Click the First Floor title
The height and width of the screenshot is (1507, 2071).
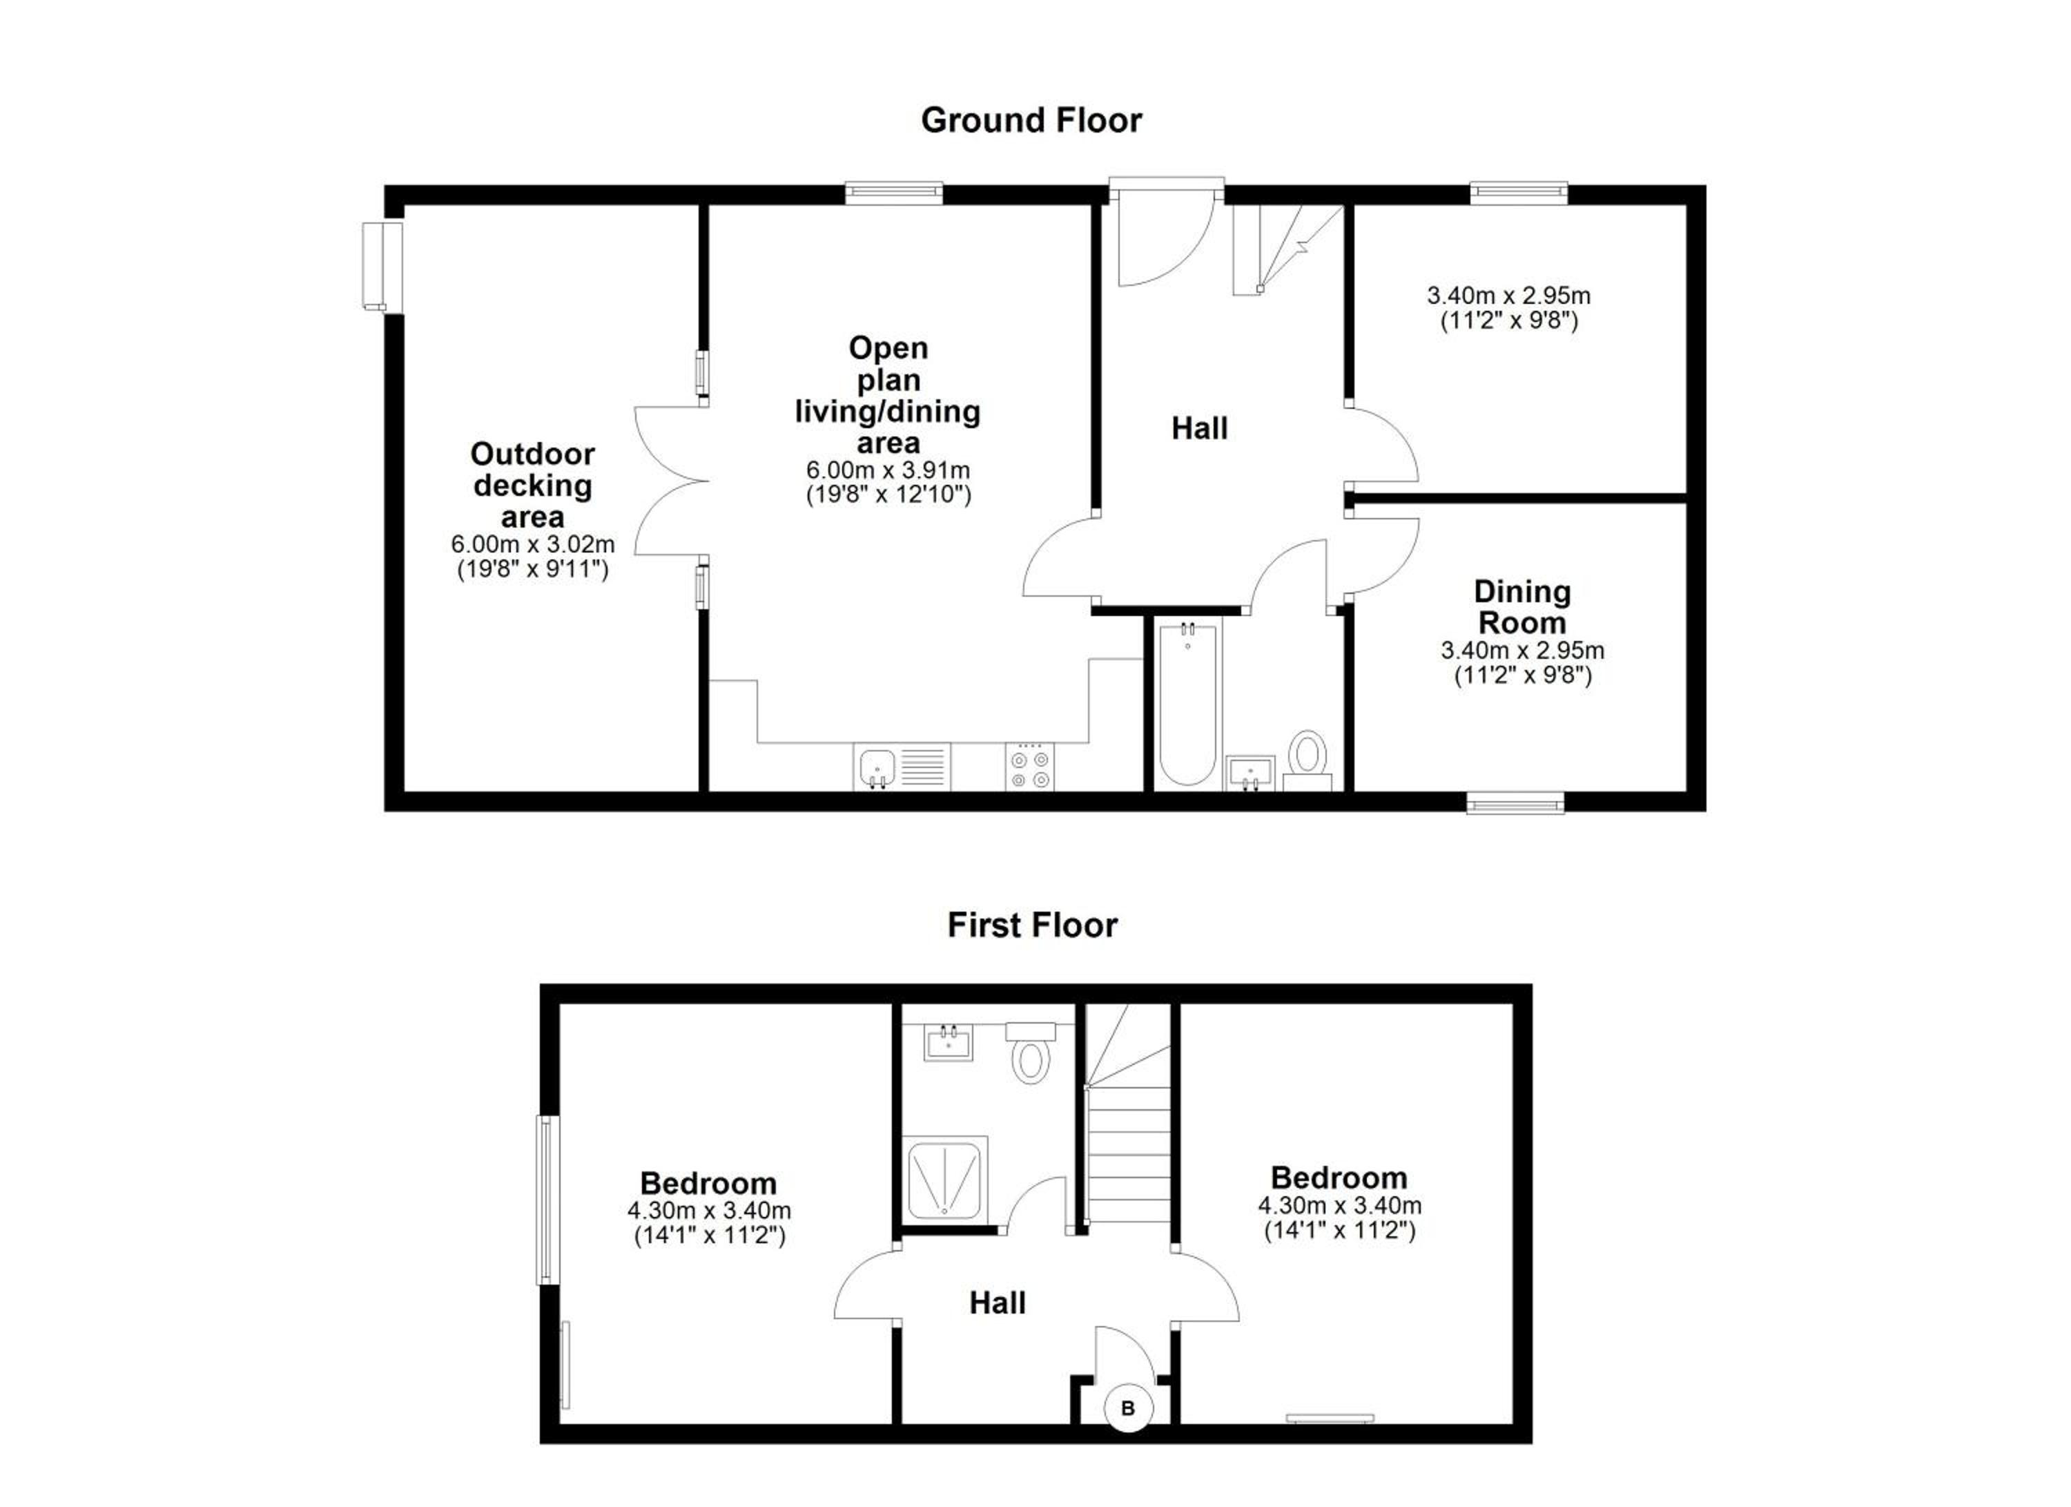pyautogui.click(x=1032, y=925)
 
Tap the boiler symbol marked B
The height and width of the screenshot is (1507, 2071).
pyautogui.click(x=1128, y=1408)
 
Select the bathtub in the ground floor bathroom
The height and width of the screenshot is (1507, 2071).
pyautogui.click(x=1187, y=703)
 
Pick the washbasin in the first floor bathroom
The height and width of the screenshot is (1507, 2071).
pyautogui.click(x=948, y=1042)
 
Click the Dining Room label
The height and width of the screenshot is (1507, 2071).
pyautogui.click(x=1522, y=607)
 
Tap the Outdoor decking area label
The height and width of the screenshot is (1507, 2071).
pyautogui.click(x=532, y=485)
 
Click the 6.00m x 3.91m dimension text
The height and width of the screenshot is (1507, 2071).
pyautogui.click(x=888, y=470)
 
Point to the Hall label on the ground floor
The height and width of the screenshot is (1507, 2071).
pyautogui.click(x=1199, y=428)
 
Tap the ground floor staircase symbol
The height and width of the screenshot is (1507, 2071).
pyautogui.click(x=1287, y=249)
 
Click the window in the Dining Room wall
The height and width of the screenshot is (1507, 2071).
pyautogui.click(x=1515, y=803)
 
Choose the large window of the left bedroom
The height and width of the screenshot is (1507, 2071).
pyautogui.click(x=546, y=1199)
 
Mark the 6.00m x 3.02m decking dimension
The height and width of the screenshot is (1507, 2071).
pyautogui.click(x=532, y=544)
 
